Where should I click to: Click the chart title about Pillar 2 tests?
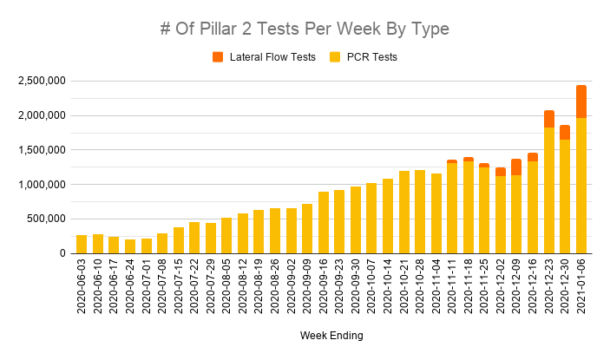[x=305, y=29]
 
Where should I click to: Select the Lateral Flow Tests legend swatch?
[x=218, y=58]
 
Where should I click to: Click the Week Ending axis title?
[x=331, y=335]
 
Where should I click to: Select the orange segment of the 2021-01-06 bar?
[x=581, y=101]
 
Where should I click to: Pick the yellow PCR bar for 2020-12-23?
[x=548, y=190]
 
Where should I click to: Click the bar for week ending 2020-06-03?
[x=82, y=244]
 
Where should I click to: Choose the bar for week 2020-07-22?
[x=194, y=238]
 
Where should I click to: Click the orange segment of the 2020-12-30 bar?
[x=565, y=132]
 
